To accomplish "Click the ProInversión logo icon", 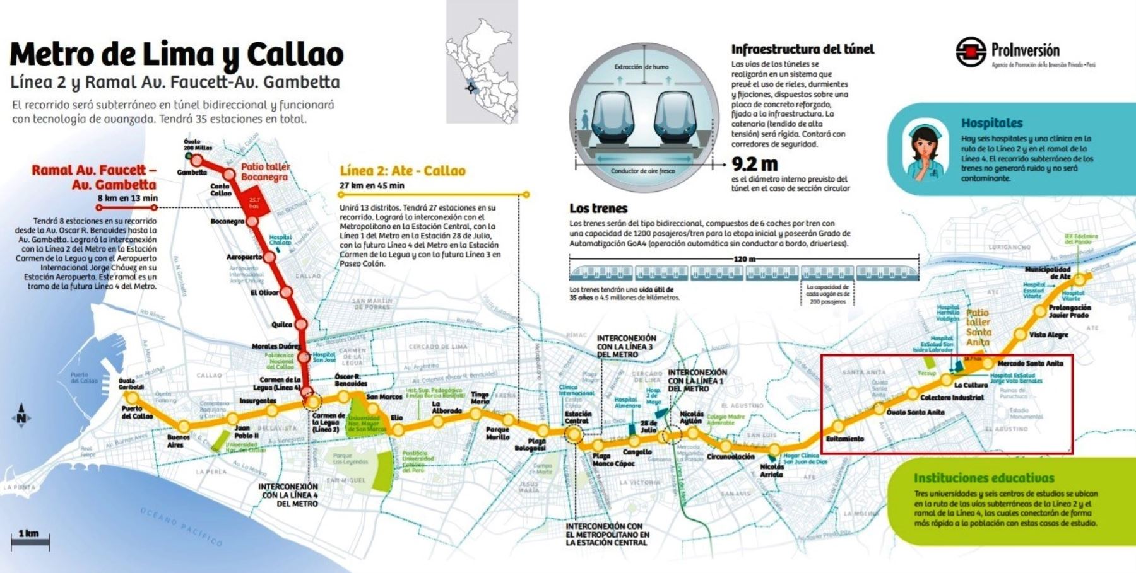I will pos(971,52).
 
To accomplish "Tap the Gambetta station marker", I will pos(197,160).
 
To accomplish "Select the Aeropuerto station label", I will pos(244,257).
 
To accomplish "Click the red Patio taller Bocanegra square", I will pos(254,203).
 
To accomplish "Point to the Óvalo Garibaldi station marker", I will pos(132,398).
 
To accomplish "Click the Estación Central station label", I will pos(577,417).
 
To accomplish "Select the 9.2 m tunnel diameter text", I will pos(754,164).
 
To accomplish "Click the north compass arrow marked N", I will pos(21,417).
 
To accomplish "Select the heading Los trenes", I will pos(598,208).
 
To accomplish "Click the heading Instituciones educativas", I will pos(984,478).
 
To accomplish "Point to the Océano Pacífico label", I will pos(181,526).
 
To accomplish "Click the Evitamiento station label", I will pos(844,439).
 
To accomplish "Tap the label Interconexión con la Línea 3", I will pos(626,347).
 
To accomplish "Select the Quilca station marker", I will pos(301,324).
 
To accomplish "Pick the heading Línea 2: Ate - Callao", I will pos(402,171).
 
